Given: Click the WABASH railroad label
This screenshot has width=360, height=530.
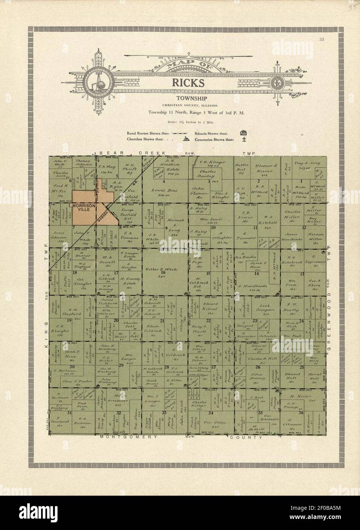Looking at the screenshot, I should (100, 217).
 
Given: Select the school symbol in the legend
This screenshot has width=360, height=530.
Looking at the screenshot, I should (243, 133).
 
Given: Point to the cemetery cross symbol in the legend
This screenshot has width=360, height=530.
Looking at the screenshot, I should (243, 140).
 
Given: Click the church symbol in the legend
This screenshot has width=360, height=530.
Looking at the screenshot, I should (186, 140).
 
